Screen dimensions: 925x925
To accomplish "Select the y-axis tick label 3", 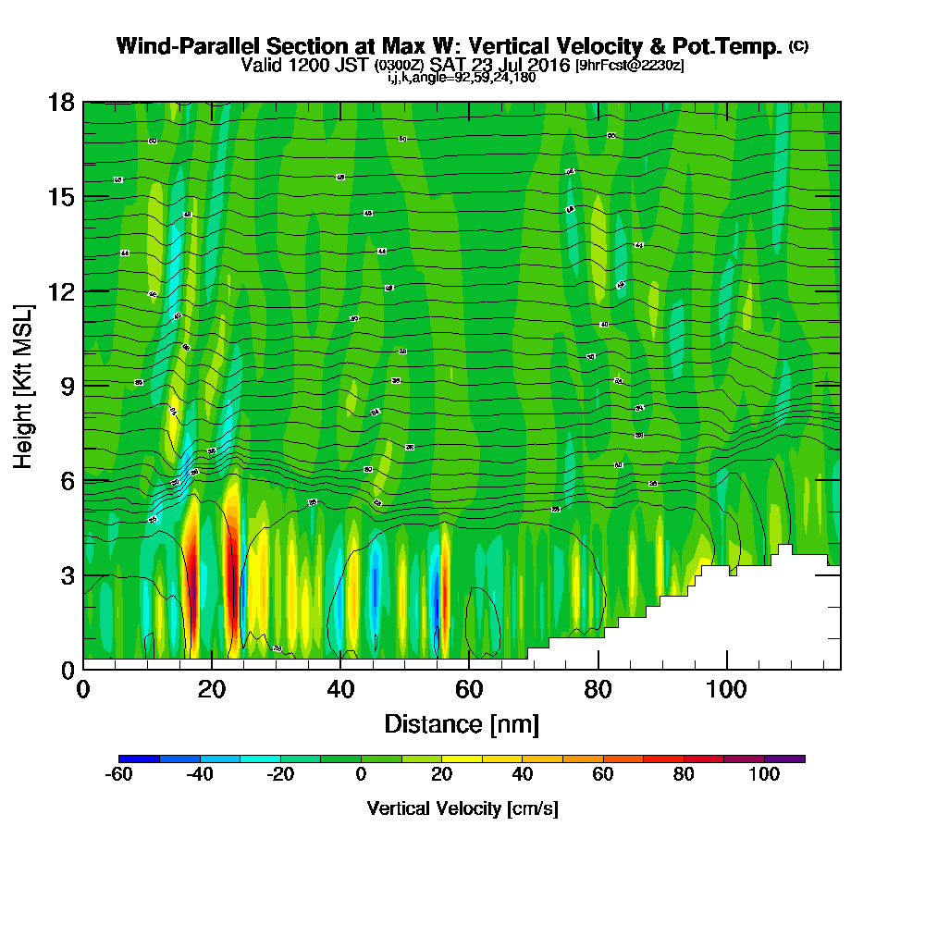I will (67, 574).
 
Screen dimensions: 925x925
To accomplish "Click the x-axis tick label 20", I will (212, 689).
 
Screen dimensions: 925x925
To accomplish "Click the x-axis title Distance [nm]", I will (462, 723).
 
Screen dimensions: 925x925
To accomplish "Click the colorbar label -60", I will (120, 775).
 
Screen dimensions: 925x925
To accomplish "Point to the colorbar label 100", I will (764, 775).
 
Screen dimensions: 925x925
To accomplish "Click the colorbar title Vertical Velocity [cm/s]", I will (462, 808).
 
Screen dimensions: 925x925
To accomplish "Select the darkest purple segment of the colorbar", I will (784, 758).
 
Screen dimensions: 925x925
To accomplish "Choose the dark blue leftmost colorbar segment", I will (140, 758).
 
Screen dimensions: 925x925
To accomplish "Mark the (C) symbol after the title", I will (798, 46).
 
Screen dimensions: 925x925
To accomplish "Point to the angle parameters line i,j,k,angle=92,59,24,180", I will (462, 78).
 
